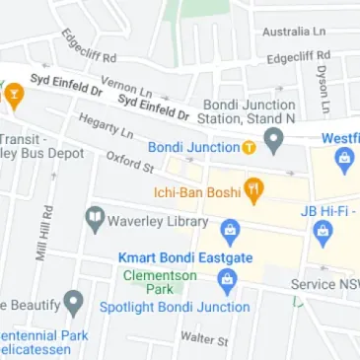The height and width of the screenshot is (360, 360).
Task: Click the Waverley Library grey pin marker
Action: [95, 218]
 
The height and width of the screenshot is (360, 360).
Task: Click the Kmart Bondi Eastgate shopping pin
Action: [230, 233]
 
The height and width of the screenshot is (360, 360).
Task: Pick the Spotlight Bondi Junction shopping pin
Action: [227, 282]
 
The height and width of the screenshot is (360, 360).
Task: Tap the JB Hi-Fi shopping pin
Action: [322, 233]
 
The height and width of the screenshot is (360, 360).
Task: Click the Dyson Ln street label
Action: [323, 89]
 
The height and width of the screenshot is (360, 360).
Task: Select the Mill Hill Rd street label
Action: [43, 232]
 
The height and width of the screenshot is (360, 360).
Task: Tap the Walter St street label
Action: [204, 338]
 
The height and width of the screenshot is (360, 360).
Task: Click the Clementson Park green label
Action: [160, 283]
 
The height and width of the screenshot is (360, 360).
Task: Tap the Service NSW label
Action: [324, 284]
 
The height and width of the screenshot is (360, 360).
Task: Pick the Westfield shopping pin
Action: [344, 159]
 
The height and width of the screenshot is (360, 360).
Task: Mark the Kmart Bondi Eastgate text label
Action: [185, 257]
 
